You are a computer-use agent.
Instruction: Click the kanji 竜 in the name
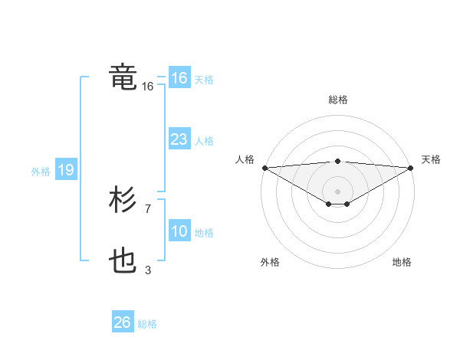123,77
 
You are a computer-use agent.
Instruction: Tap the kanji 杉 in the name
123,201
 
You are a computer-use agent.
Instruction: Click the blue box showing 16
179,78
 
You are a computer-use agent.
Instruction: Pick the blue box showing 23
179,139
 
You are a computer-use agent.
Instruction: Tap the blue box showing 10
179,231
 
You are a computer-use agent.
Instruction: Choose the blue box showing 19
66,170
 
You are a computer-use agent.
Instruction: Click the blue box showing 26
122,322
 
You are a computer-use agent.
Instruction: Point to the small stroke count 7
147,208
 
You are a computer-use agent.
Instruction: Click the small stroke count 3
147,269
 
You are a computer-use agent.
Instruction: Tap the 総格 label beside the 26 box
147,324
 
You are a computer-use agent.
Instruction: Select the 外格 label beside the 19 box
41,172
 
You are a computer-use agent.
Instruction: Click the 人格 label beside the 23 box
204,141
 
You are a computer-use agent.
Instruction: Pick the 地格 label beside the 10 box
204,233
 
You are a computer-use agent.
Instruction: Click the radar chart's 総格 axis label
337,100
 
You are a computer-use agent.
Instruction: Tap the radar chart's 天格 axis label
431,159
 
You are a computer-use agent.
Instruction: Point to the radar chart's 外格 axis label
270,262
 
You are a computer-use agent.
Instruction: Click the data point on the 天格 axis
411,168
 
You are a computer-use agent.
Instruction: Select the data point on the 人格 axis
264,168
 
